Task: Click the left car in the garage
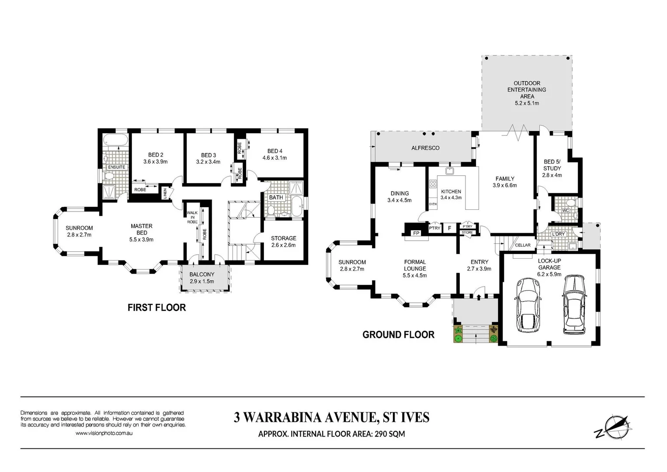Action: [x=528, y=305]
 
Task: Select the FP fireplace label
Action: [x=416, y=233]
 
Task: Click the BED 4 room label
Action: [x=275, y=151]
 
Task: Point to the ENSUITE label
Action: [x=117, y=167]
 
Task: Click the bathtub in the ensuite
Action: [x=116, y=141]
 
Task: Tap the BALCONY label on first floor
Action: [x=201, y=274]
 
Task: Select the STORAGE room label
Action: [x=283, y=238]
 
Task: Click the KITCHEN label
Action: [x=451, y=191]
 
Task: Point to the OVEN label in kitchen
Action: [x=433, y=204]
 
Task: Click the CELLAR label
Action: [x=523, y=245]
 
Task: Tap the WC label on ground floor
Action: [x=566, y=211]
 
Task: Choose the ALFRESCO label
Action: [x=425, y=148]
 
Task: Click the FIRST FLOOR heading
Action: [x=156, y=308]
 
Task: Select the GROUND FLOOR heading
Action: [x=398, y=335]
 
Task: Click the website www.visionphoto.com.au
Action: [x=104, y=433]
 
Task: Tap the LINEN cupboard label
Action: [x=165, y=193]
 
